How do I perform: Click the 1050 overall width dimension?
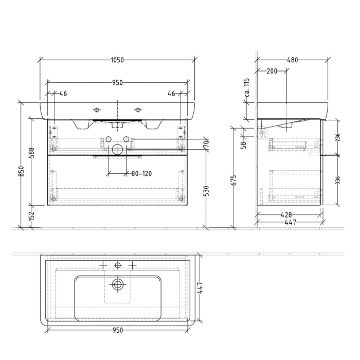[117, 60]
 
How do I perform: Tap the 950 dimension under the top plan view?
[117, 331]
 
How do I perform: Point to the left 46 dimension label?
[64, 94]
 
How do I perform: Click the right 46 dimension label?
[171, 94]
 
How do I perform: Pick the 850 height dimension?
[21, 171]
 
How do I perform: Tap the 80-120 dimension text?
[141, 173]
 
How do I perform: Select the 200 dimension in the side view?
[272, 71]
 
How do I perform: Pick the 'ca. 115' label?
[247, 88]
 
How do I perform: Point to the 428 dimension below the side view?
[288, 215]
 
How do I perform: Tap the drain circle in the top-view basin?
[118, 284]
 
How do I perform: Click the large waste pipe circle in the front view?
[118, 150]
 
